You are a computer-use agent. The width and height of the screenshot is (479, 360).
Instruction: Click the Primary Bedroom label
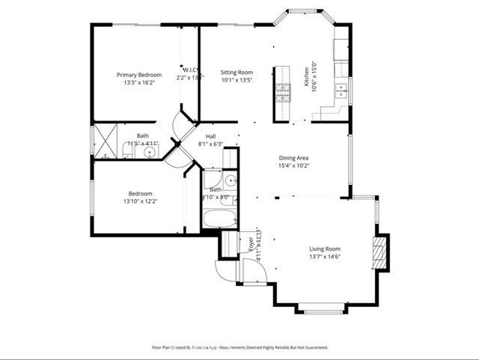pos(139,75)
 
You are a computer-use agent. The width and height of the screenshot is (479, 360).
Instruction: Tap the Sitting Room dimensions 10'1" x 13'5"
pos(236,81)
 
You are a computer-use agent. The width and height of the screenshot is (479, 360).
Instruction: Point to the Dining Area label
pos(293,158)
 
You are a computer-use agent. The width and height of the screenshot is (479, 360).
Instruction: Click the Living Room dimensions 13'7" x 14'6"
pos(326,257)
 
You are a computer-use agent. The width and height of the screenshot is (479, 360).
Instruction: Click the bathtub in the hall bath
pos(219,219)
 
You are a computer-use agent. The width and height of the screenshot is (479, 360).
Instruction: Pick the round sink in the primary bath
pos(150,153)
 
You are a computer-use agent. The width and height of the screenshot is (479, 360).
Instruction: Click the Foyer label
pos(250,243)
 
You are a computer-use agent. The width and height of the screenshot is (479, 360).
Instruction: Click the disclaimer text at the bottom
pos(239,347)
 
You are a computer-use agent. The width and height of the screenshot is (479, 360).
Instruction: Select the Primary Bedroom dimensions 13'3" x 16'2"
pos(139,84)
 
